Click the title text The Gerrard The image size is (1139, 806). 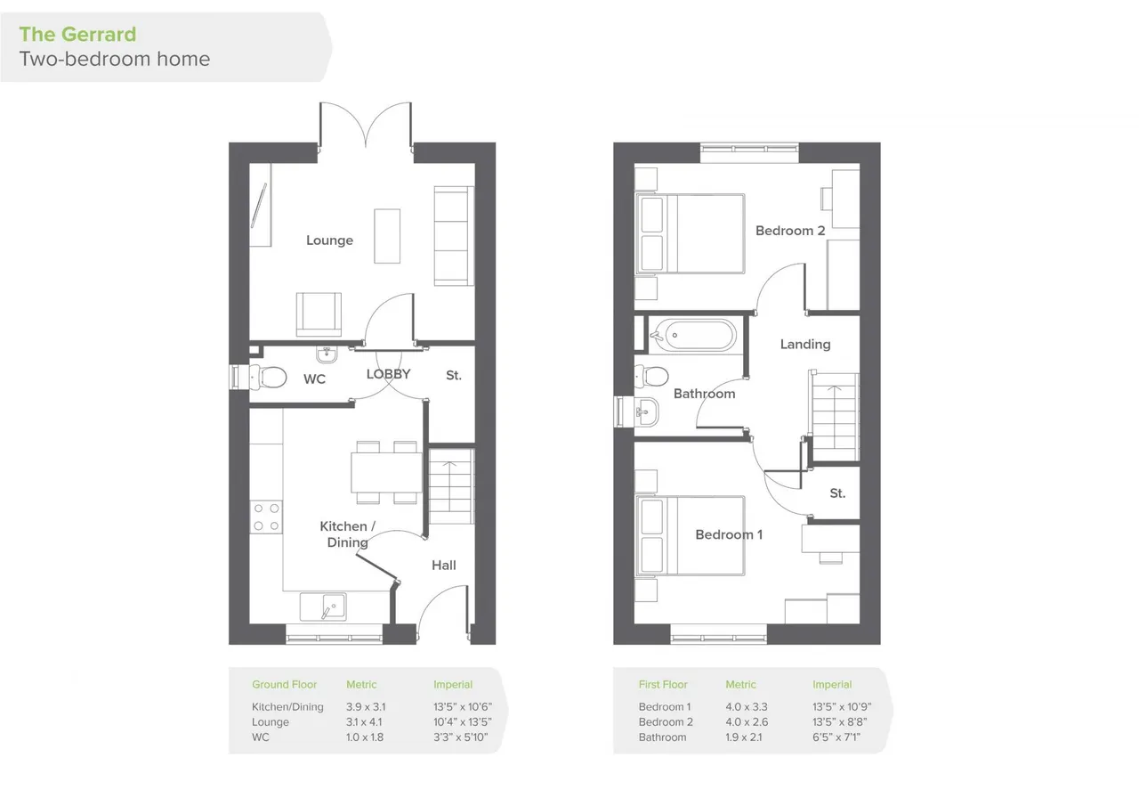77,35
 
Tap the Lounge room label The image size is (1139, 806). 329,240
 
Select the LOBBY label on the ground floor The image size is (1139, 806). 389,374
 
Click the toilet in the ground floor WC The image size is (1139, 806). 268,378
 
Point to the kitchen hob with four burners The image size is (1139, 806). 266,517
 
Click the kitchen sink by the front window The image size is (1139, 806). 323,607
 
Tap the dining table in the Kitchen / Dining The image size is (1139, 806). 386,473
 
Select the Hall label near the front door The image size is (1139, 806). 444,566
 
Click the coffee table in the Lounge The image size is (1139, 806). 387,236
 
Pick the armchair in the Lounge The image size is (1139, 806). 319,314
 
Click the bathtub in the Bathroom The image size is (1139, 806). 693,336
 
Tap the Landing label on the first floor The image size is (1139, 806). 805,345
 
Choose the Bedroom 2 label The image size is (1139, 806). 790,231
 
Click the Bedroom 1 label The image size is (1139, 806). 729,534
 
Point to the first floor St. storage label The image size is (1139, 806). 837,493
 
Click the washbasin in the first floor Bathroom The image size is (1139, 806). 646,411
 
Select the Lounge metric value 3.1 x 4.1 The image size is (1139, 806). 364,722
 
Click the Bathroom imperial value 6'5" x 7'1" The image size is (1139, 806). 836,737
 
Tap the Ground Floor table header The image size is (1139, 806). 284,685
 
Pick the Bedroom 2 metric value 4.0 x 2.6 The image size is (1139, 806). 747,722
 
